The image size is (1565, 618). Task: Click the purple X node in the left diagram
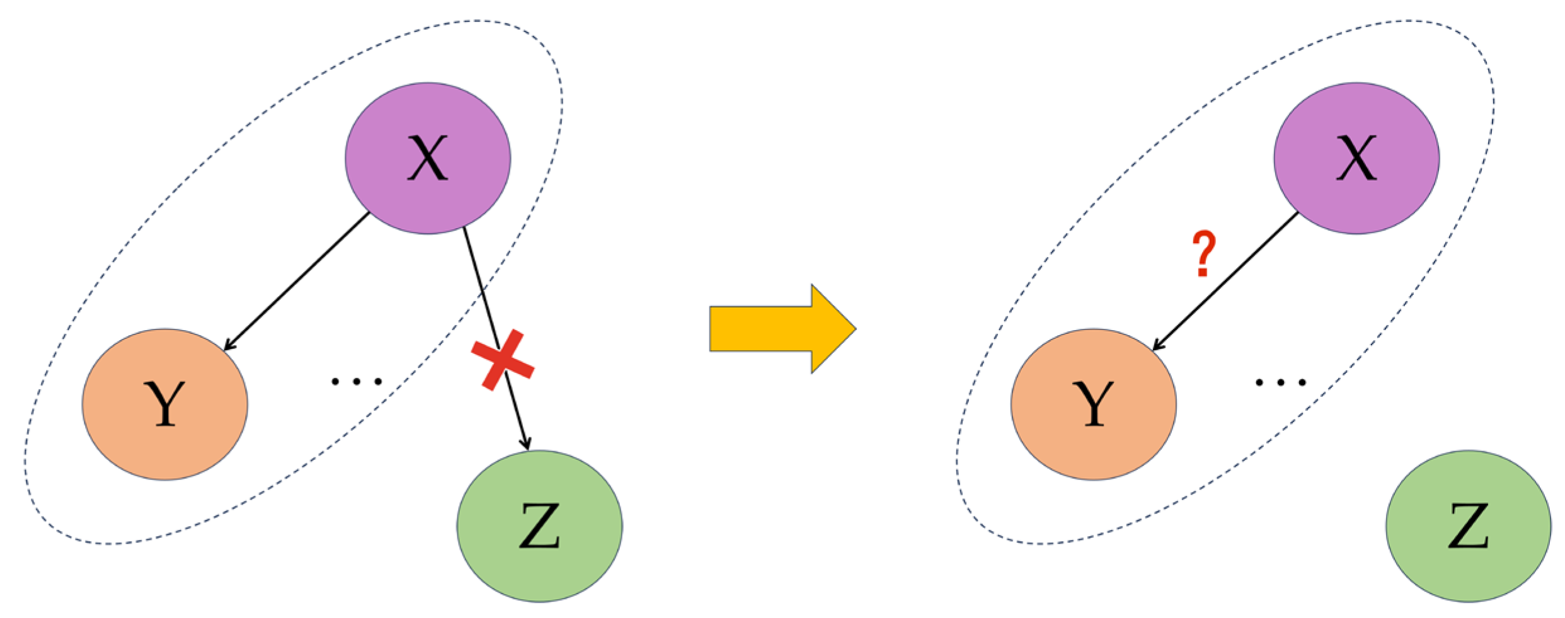(428, 158)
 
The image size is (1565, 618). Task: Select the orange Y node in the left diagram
(164, 404)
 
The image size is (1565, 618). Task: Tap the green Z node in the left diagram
(539, 525)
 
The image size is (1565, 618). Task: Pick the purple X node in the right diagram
(1356, 158)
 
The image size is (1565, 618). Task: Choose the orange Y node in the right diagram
(1093, 404)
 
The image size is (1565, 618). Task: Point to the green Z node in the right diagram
(1468, 525)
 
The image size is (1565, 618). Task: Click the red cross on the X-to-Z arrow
(503, 360)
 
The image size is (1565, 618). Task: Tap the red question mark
(1203, 254)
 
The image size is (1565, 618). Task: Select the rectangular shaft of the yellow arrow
(760, 328)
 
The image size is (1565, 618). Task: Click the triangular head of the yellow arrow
(832, 328)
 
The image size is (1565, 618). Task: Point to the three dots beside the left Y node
(357, 381)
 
